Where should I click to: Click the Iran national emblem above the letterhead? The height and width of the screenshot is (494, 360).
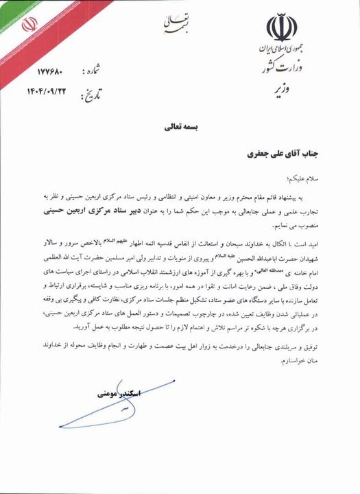point(281,27)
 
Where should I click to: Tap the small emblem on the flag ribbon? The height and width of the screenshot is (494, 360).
point(29,24)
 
